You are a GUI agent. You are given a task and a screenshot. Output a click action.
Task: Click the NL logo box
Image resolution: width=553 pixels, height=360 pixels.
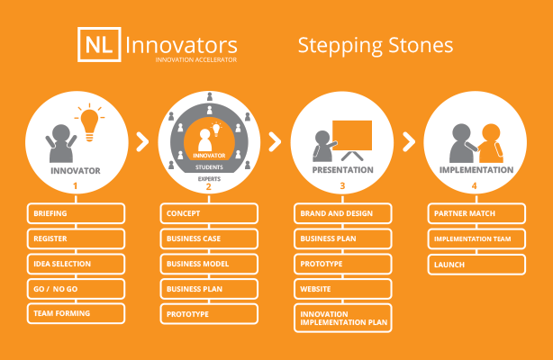(99, 44)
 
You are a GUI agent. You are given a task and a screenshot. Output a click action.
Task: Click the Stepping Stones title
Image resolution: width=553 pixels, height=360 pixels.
(376, 46)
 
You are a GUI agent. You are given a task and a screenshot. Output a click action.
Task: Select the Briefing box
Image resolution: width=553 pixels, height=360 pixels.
(76, 213)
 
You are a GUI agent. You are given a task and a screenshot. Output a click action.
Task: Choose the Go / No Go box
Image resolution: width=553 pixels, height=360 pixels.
(76, 289)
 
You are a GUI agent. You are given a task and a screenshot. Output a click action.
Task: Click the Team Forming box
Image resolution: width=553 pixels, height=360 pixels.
(76, 313)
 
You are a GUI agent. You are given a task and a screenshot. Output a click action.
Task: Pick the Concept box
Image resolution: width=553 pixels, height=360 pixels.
(209, 213)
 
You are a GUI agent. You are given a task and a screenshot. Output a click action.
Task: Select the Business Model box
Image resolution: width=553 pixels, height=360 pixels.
(209, 264)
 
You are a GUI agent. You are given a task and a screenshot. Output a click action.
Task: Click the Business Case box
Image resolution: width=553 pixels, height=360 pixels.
(209, 238)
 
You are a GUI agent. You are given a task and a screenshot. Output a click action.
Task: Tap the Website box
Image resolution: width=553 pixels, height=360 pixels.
(343, 289)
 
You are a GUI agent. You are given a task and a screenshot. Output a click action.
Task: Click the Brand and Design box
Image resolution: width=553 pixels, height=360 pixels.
(343, 213)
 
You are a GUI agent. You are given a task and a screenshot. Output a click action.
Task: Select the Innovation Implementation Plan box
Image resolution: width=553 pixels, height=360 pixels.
(343, 318)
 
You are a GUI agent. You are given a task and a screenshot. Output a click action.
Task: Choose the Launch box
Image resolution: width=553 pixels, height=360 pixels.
(476, 265)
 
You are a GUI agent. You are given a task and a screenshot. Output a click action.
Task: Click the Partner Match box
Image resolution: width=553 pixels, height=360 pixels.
(476, 213)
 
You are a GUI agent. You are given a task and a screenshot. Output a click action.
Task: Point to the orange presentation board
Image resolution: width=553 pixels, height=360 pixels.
(352, 136)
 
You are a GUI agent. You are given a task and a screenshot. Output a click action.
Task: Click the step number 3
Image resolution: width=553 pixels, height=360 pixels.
(342, 185)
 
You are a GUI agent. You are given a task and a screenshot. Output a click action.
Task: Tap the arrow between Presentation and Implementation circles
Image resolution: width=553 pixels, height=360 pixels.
(408, 141)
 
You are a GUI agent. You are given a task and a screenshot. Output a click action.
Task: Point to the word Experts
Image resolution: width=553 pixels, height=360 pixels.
(209, 179)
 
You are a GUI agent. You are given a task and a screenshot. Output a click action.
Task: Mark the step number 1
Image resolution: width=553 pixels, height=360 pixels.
(75, 185)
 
